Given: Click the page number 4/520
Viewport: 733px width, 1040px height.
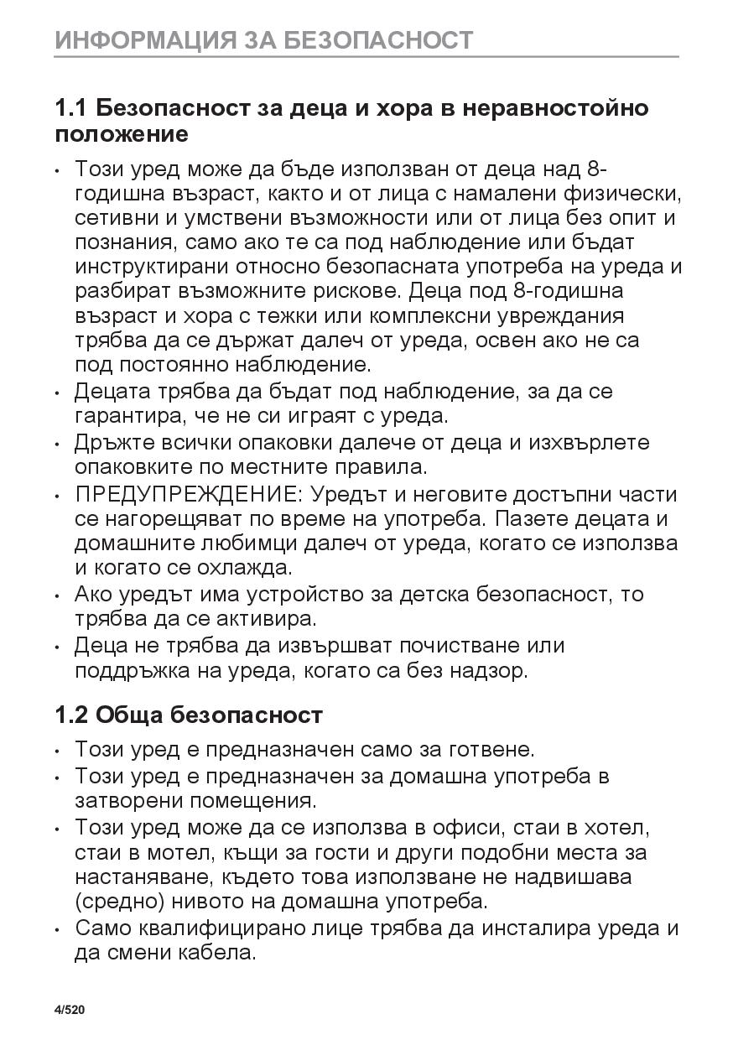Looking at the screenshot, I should pos(70,1009).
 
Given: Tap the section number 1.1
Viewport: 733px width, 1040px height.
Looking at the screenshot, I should pos(71,108).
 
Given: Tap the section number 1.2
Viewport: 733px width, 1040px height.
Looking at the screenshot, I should pos(71,715).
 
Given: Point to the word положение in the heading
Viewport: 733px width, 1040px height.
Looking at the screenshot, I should pos(122,133).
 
